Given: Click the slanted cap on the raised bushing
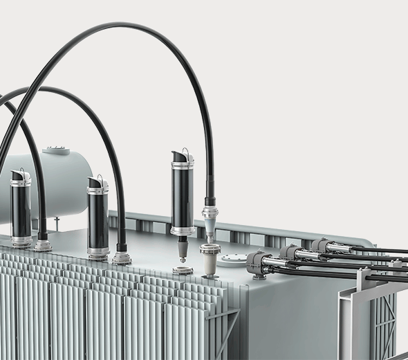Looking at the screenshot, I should (x=183, y=155).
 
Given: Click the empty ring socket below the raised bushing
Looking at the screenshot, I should (x=183, y=269).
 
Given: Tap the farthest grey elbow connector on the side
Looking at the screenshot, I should (x=319, y=245).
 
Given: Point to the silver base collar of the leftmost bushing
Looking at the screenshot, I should (x=21, y=242).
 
